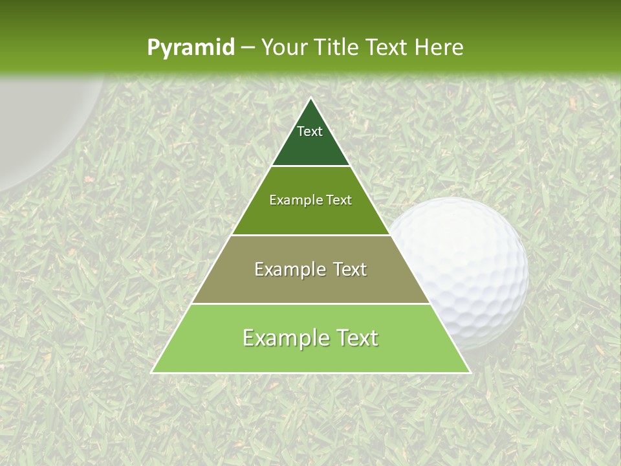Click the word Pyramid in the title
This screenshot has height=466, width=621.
tap(190, 48)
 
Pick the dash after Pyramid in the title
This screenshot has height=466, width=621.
tap(247, 48)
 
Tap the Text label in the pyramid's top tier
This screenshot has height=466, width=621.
tap(310, 131)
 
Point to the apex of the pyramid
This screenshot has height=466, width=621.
tap(311, 98)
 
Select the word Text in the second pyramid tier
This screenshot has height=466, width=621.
tap(338, 200)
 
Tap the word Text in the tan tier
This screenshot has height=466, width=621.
tap(350, 269)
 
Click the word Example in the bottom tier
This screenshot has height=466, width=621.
tap(283, 338)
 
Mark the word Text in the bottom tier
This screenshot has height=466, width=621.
tap(356, 338)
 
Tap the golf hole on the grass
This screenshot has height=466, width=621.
tap(39, 123)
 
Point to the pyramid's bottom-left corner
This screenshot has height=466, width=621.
tap(152, 372)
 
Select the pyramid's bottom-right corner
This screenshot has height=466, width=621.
tap(470, 372)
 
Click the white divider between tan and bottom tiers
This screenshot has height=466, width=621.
tap(311, 304)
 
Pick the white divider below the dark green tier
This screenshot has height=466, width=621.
tap(311, 166)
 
